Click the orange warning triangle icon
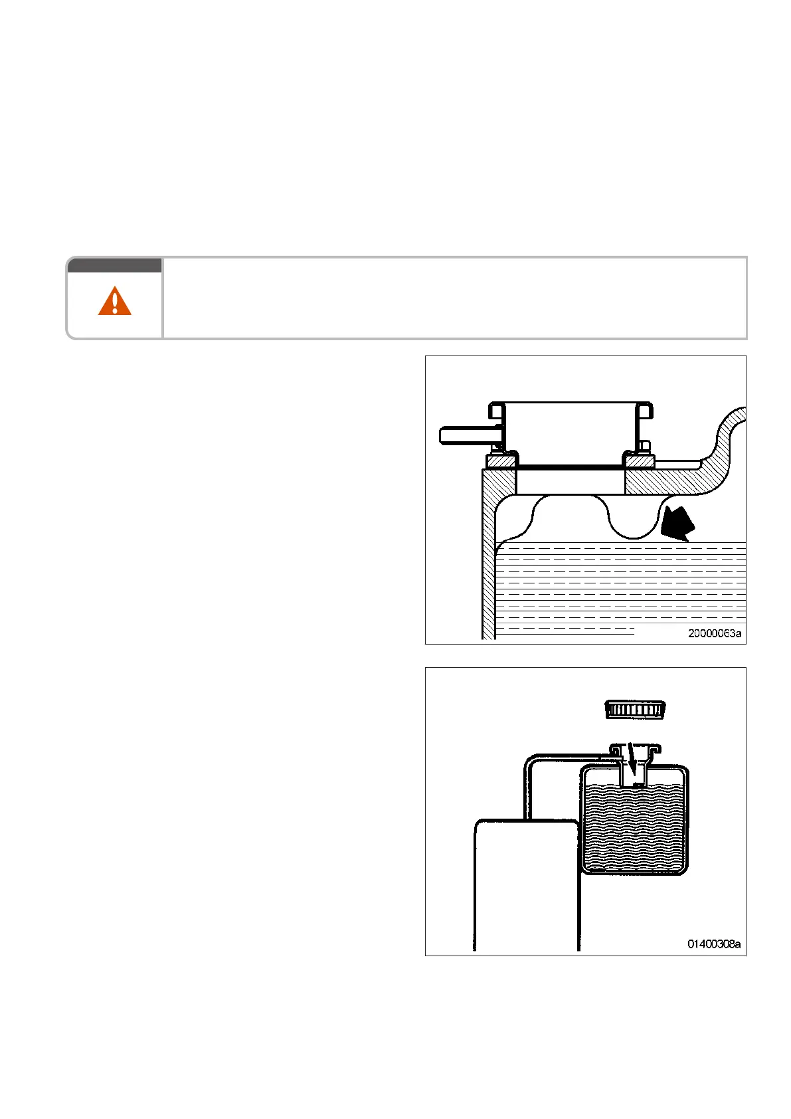114,301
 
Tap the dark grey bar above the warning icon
114,265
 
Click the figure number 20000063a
714,633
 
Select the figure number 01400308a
714,944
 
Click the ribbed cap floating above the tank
635,709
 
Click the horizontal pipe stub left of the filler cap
465,435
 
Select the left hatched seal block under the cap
501,460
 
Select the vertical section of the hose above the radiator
528,791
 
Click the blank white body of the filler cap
569,432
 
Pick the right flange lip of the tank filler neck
654,750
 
